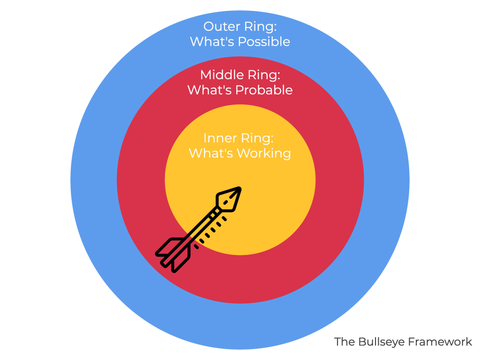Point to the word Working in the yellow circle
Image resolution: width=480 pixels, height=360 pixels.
pyautogui.click(x=264, y=153)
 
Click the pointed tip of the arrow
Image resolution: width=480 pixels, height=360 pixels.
pyautogui.click(x=239, y=189)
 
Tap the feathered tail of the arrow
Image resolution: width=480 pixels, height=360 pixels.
pyautogui.click(x=172, y=253)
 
